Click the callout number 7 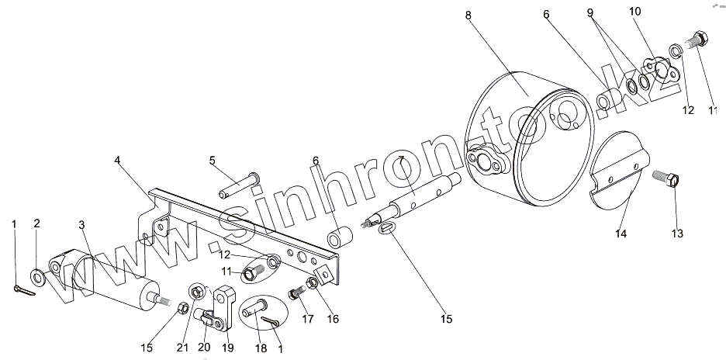pyautogui.click(x=401, y=159)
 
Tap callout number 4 pyautogui.click(x=117, y=160)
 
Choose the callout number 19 pyautogui.click(x=229, y=347)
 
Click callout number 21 pyautogui.click(x=181, y=347)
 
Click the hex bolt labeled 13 pyautogui.click(x=669, y=183)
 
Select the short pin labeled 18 pyautogui.click(x=254, y=310)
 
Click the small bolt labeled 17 pyautogui.click(x=296, y=295)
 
